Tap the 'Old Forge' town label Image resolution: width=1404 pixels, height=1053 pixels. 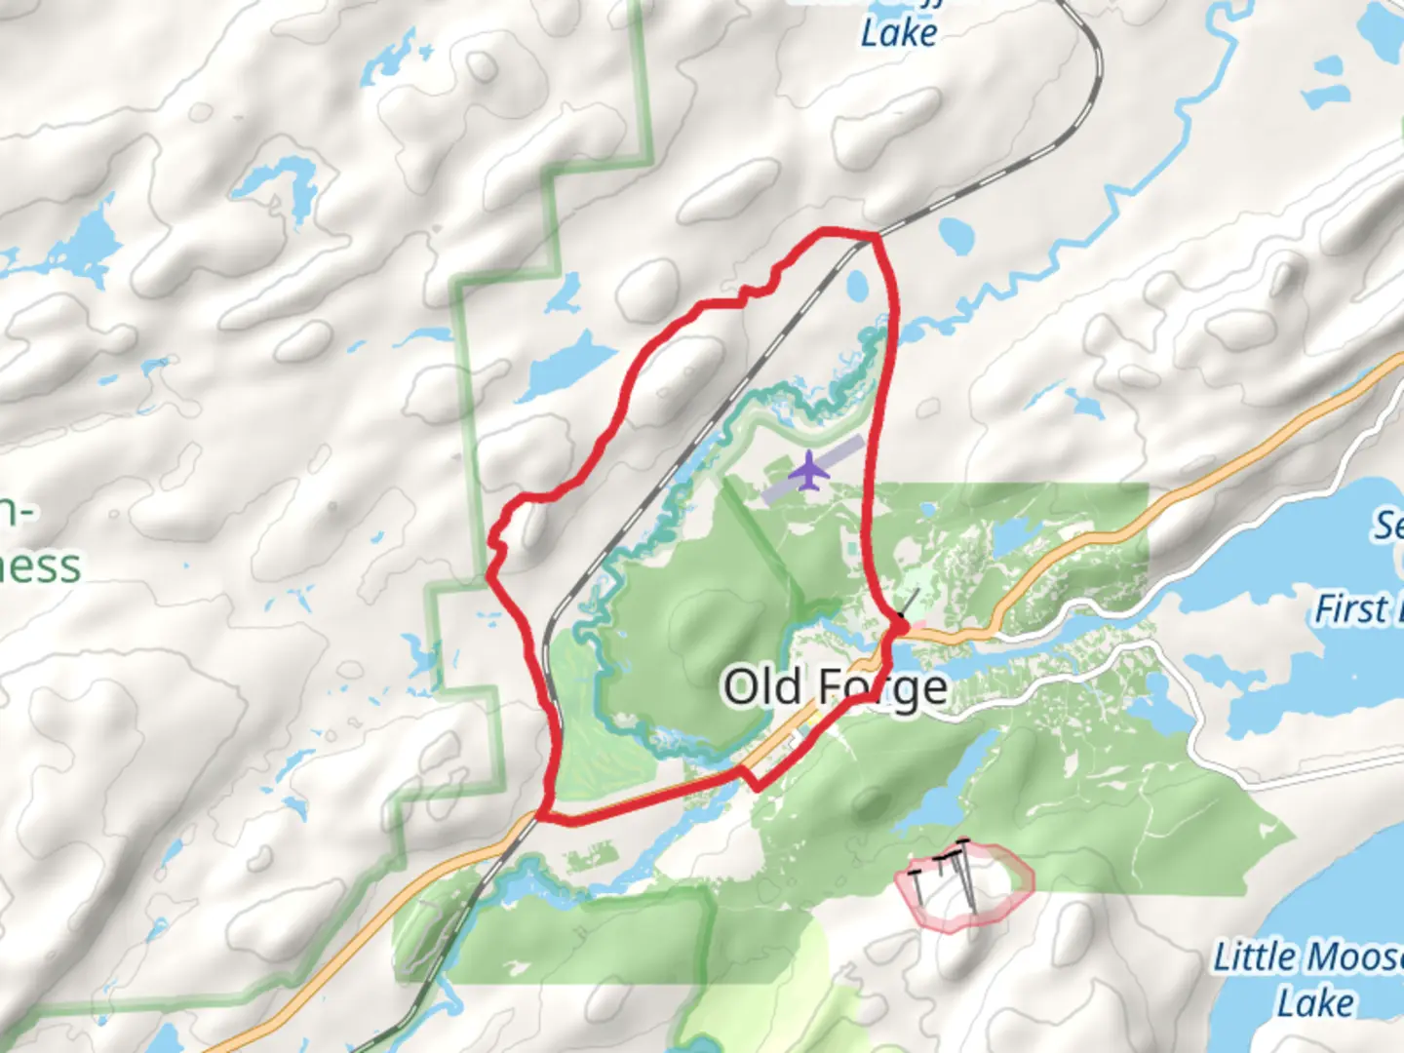(835, 686)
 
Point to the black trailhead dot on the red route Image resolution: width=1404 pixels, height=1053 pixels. (902, 623)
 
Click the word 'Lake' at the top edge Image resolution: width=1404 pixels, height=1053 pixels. (899, 33)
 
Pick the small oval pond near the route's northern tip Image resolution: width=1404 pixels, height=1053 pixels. (858, 287)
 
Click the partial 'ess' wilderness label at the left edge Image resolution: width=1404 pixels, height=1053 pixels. (39, 565)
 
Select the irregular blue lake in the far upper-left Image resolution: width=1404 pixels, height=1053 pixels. (88, 244)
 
